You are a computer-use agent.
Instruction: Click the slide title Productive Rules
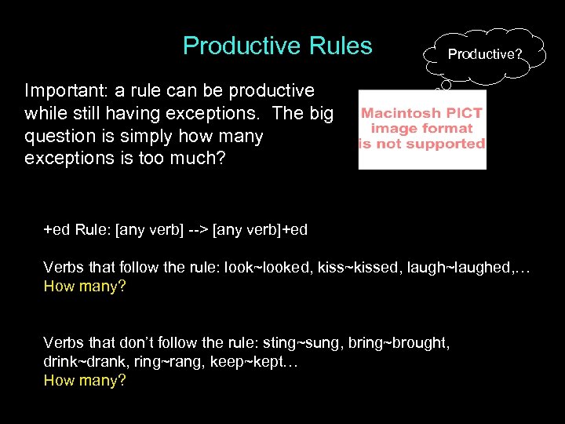(277, 46)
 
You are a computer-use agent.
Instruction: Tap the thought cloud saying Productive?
(484, 53)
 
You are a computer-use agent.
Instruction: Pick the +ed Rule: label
(77, 229)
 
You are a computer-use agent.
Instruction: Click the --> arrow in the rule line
(197, 229)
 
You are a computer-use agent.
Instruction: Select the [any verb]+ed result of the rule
(261, 229)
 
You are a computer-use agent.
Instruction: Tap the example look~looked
(265, 268)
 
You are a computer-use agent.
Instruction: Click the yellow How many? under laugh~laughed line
(85, 287)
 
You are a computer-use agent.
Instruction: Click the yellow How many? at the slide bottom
(85, 381)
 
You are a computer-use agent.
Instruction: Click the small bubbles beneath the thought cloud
(446, 84)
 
